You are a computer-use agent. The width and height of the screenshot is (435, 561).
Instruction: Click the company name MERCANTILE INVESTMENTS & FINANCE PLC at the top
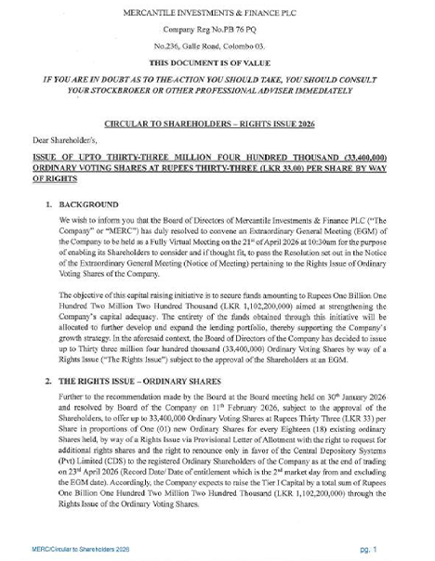(218, 13)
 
